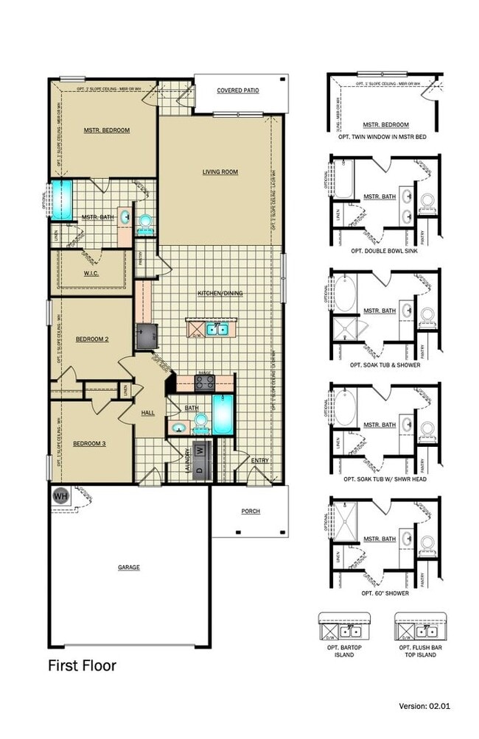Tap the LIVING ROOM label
pos(220,172)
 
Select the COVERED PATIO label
pos(237,91)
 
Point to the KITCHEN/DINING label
pos(220,294)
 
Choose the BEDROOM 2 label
pos(92,339)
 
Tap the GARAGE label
pos(128,567)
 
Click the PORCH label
pos(250,512)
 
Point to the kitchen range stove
pos(204,382)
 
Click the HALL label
pos(147,413)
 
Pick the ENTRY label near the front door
pos(259,461)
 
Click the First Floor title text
pos(82,666)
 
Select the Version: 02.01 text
pos(423,726)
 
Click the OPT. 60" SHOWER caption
pos(385,593)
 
